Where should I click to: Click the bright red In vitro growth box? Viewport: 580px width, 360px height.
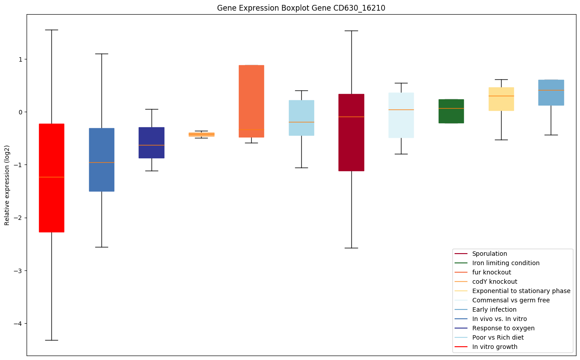click(x=51, y=177)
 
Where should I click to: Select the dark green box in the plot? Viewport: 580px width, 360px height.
click(x=451, y=111)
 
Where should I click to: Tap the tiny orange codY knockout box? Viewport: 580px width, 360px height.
click(x=201, y=134)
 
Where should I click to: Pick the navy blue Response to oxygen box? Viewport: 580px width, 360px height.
click(x=152, y=143)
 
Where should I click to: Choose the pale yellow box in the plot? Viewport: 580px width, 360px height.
click(x=501, y=99)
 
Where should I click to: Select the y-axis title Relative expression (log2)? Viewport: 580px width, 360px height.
click(x=7, y=185)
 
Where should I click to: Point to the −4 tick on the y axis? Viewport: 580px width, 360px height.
click(x=19, y=324)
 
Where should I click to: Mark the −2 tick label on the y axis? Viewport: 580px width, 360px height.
click(x=19, y=218)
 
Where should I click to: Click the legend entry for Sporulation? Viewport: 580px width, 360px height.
click(x=489, y=254)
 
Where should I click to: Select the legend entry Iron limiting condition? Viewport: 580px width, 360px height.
click(x=506, y=263)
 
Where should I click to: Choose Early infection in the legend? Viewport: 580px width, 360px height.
click(x=494, y=310)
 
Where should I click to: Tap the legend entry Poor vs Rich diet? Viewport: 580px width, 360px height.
click(x=498, y=338)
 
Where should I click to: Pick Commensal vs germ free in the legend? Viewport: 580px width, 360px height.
click(x=510, y=301)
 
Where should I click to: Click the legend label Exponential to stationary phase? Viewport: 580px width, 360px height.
click(x=521, y=291)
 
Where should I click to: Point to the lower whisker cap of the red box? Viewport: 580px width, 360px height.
click(x=51, y=340)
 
